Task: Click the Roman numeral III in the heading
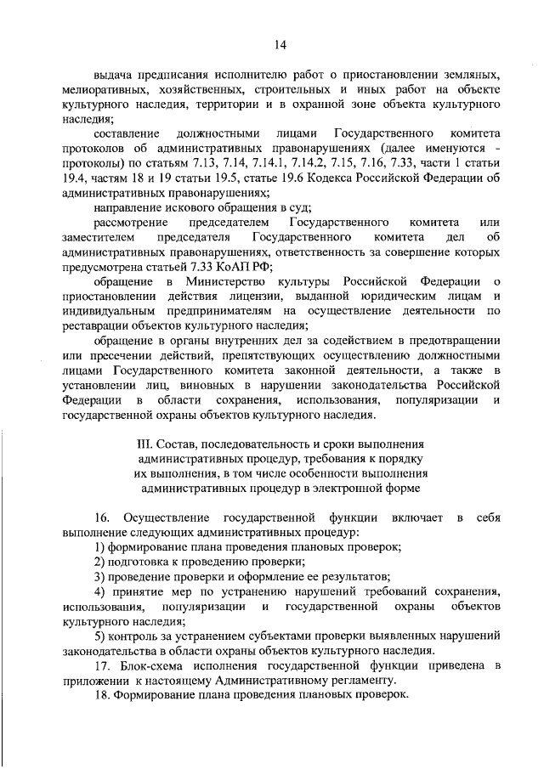coord(144,444)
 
